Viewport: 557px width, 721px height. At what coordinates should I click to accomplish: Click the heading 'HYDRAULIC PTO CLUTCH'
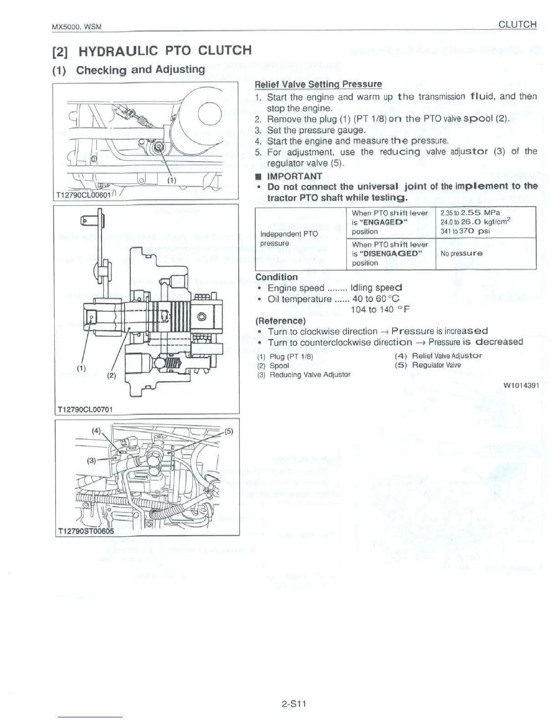[165, 50]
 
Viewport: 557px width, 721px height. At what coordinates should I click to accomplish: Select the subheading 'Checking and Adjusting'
[141, 70]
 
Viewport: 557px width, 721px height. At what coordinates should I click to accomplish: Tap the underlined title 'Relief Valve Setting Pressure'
[318, 84]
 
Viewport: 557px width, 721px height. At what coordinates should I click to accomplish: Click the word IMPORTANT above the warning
[294, 176]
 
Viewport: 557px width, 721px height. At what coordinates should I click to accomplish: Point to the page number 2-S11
[293, 704]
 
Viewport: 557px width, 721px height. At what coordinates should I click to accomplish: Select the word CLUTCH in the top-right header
[517, 25]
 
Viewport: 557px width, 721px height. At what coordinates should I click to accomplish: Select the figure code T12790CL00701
[84, 409]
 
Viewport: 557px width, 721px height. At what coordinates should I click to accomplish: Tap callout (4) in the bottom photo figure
[96, 430]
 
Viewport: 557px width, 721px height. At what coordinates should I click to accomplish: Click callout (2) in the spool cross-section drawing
[111, 376]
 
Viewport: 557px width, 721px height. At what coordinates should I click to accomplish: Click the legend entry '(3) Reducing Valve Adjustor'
[304, 375]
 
